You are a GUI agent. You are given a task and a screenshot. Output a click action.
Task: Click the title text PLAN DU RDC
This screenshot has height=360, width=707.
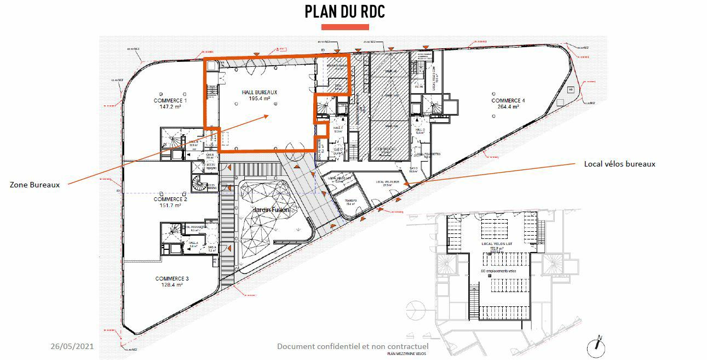point(344,12)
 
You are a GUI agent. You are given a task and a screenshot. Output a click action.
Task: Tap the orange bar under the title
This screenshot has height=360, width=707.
point(344,27)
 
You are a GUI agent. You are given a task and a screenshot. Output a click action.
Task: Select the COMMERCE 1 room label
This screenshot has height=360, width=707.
point(170,101)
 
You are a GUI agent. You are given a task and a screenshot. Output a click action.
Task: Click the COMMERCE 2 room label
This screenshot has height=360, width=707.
point(170,199)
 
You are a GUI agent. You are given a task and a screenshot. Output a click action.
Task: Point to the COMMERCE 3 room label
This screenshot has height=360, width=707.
point(172,278)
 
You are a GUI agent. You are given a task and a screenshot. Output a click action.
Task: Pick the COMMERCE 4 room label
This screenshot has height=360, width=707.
point(508,101)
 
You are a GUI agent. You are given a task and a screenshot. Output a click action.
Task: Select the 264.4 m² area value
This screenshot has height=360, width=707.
point(508,107)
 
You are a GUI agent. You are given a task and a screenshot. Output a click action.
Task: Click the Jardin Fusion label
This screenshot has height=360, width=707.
point(271,210)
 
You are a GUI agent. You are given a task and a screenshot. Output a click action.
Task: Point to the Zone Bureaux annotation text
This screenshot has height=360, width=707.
point(35,185)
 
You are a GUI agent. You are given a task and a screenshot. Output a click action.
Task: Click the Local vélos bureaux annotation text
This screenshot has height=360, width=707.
point(619,164)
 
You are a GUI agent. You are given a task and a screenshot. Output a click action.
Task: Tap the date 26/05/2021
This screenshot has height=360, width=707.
point(72,346)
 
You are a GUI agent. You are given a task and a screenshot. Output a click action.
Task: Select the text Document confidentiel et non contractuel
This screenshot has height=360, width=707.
point(353,346)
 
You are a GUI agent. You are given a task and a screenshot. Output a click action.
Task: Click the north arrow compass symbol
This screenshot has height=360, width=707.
point(595,346)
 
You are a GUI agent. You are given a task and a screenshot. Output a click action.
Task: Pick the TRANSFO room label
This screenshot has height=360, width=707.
point(350,201)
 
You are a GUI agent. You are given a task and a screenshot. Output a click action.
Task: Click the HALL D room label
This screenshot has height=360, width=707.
point(420,130)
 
